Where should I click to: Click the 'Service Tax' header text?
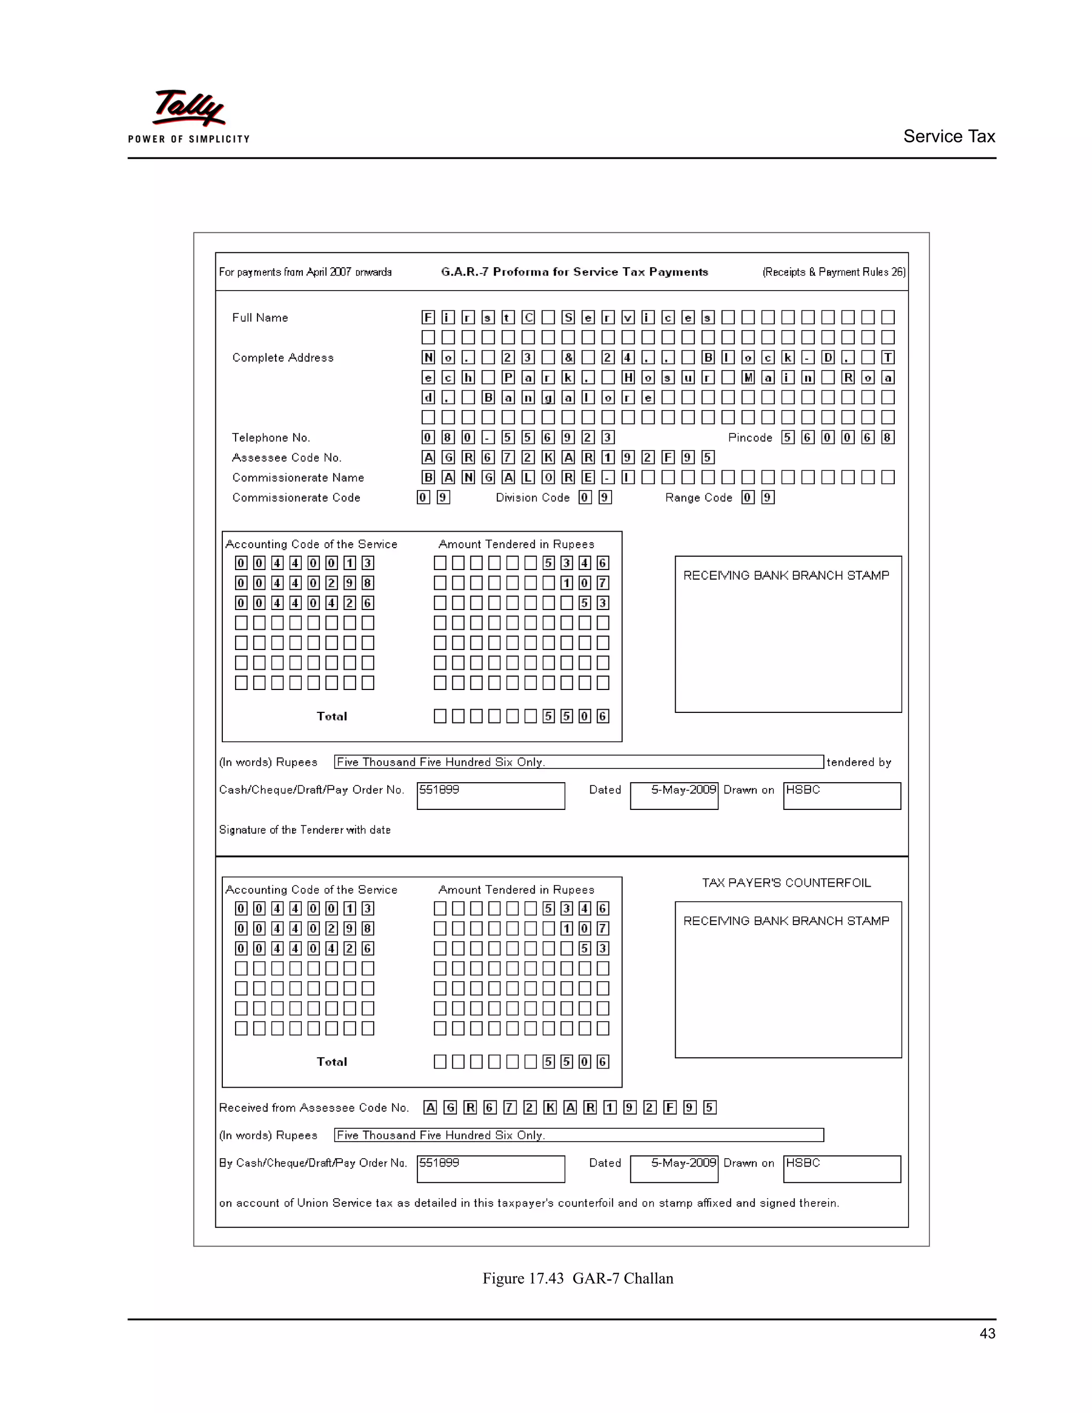coord(949,137)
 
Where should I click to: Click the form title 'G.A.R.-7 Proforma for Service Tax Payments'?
coord(574,272)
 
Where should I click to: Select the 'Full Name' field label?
coord(260,318)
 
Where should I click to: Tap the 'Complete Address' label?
coord(283,358)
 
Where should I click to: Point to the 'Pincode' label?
coord(750,437)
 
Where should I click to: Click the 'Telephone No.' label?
coord(270,437)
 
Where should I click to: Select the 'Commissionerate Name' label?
coord(298,477)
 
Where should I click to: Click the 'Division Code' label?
coord(533,497)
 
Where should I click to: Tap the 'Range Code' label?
coord(698,497)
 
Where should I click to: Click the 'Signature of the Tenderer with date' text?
coord(304,830)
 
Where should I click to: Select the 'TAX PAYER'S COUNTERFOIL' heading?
coord(786,882)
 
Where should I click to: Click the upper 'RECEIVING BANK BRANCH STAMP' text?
coord(786,575)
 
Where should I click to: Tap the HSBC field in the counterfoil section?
coord(841,1168)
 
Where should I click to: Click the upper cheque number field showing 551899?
coord(491,795)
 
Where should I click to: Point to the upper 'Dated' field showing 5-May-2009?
coord(674,795)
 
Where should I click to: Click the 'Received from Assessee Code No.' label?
coord(314,1107)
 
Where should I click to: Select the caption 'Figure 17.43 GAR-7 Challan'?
coord(577,1279)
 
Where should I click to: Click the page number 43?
coord(987,1333)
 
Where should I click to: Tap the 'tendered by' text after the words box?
coord(858,762)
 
